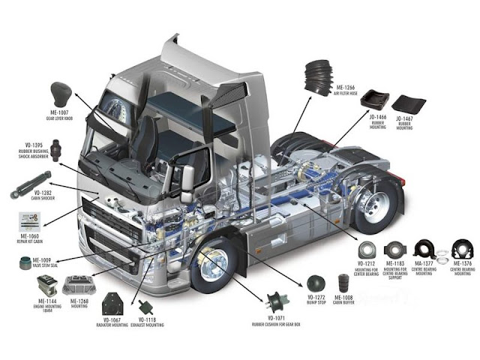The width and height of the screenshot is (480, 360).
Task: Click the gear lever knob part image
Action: (60, 94)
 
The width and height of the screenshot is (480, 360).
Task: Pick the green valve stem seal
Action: (25, 264)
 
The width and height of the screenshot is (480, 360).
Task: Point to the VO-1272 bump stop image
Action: (316, 283)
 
